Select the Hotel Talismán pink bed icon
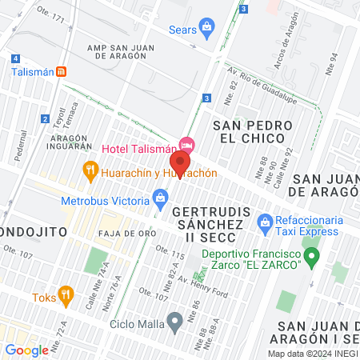click(x=187, y=145)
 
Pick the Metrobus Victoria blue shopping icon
click(x=161, y=197)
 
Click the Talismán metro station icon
click(x=70, y=70)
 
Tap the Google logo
click(x=26, y=350)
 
